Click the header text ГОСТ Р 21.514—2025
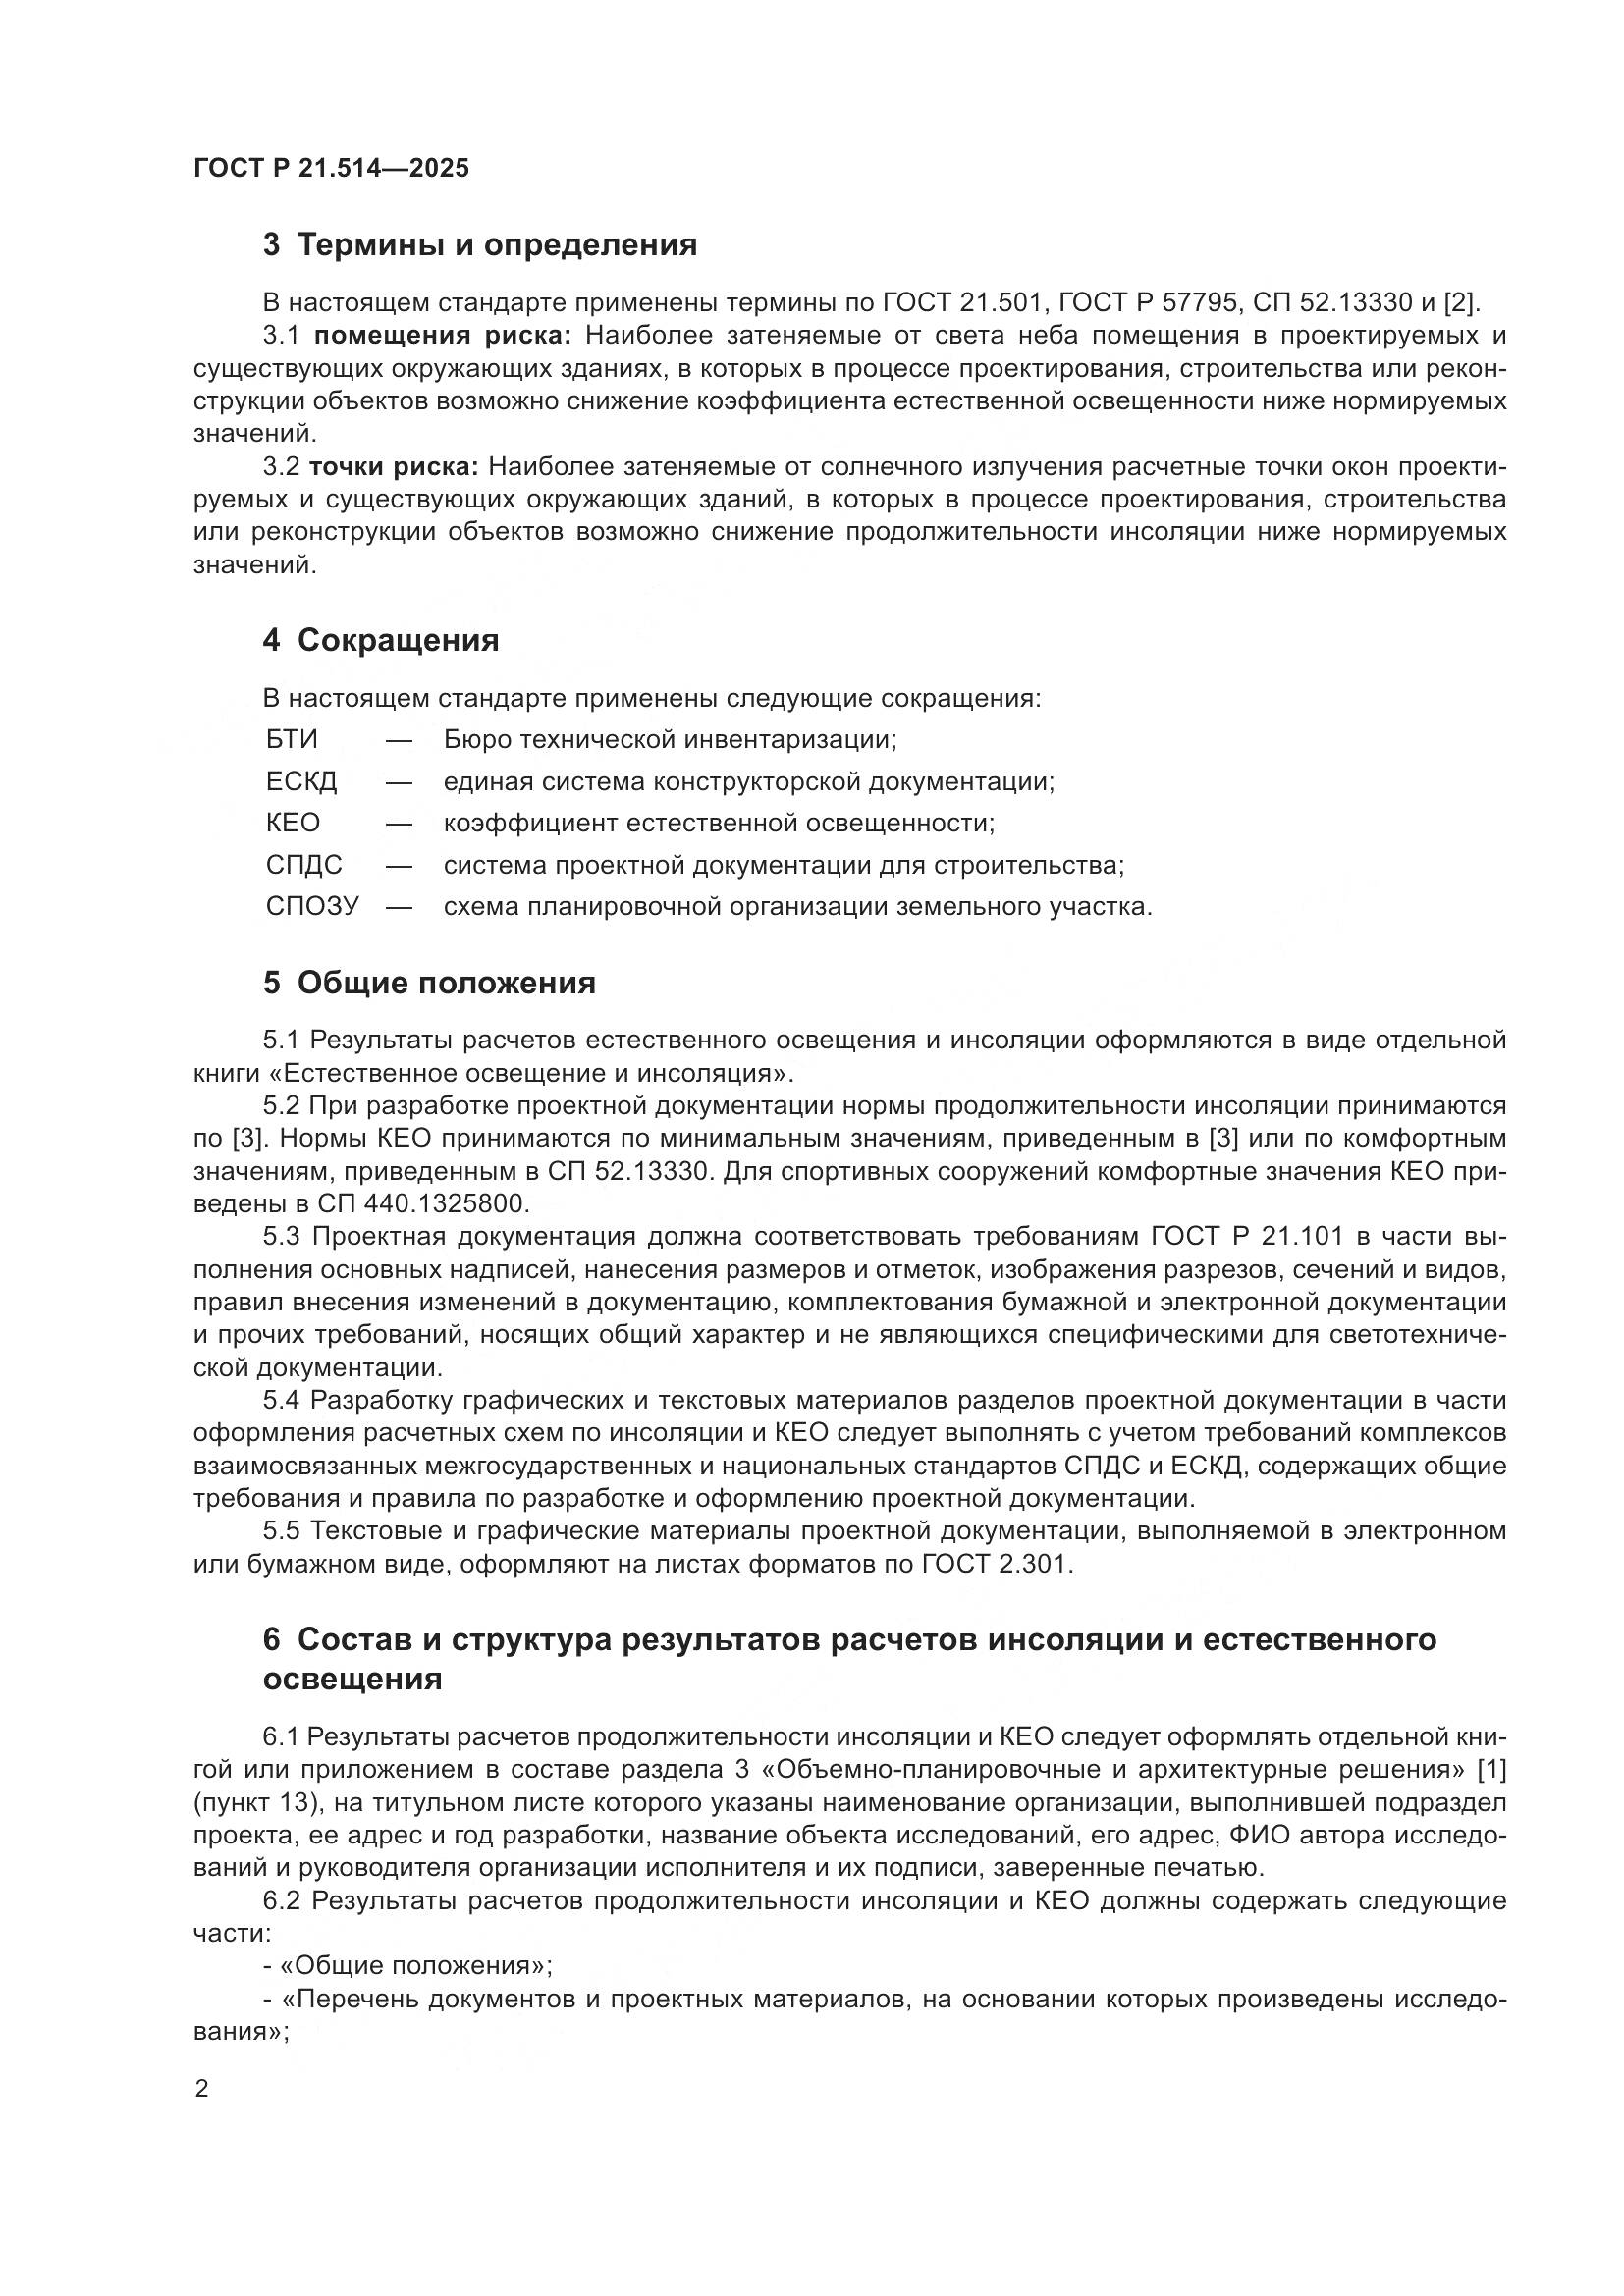[331, 168]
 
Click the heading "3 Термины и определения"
[480, 245]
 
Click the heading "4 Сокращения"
[381, 640]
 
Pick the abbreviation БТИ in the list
[291, 740]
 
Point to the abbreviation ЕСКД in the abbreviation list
[301, 782]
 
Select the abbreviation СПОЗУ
[311, 907]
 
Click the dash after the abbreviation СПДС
[399, 865]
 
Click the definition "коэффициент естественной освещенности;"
[719, 823]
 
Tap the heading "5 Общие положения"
[429, 983]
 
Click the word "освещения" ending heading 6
[352, 1679]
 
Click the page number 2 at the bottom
[202, 2089]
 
